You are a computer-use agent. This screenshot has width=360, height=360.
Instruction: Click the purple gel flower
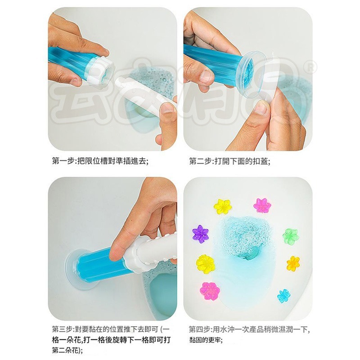point(200,234)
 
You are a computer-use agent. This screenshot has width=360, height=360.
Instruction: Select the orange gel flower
point(293,263)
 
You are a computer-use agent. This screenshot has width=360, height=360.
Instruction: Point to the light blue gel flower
point(284,296)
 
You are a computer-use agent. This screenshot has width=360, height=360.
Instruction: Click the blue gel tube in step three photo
point(101,264)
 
